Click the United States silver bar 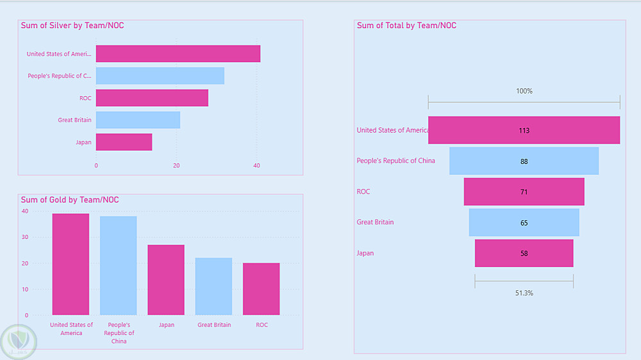point(178,54)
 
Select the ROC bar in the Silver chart point(152,98)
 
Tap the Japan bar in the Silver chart point(124,142)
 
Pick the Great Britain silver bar point(138,120)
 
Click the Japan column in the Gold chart point(166,280)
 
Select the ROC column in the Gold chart point(262,289)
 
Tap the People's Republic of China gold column point(119,266)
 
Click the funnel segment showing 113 point(524,130)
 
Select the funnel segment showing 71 point(524,192)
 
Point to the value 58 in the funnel point(524,254)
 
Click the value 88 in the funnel point(524,161)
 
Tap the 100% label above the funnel point(524,91)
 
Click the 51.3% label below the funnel point(524,293)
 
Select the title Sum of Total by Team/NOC point(406,26)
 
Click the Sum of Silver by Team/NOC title point(72,26)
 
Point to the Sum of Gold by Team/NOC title point(70,200)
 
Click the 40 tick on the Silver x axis point(257,166)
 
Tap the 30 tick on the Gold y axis point(25,237)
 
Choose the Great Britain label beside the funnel point(375,222)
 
